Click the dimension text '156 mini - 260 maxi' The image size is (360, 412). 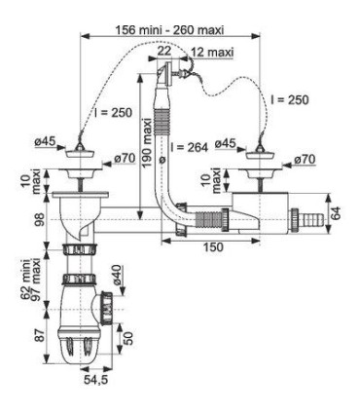tap(169, 30)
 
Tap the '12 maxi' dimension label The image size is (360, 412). tap(212, 52)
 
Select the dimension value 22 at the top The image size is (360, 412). tap(164, 51)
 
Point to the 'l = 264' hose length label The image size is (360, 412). tap(189, 147)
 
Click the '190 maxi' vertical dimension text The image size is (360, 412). tap(147, 143)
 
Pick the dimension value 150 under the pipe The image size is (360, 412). tap(213, 247)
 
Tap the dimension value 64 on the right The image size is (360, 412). tap(338, 213)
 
